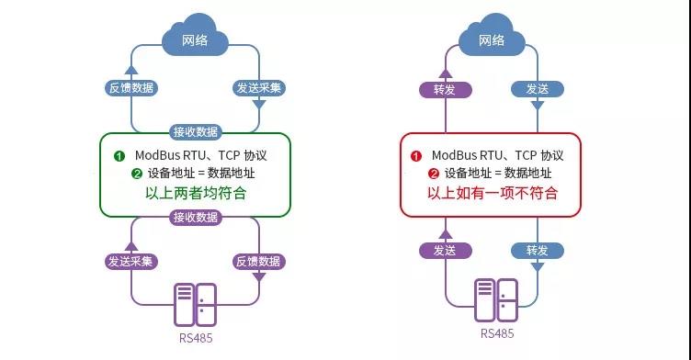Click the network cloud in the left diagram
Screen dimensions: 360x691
pyautogui.click(x=195, y=38)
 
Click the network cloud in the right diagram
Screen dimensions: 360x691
pyautogui.click(x=492, y=38)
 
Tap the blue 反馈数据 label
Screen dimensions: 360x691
pyautogui.click(x=130, y=88)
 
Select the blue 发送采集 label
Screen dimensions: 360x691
pyautogui.click(x=259, y=88)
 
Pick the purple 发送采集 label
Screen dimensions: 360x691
pyautogui.click(x=130, y=262)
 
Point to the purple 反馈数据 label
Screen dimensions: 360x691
pyautogui.click(x=259, y=262)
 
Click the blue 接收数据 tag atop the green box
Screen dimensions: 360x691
pyautogui.click(x=195, y=131)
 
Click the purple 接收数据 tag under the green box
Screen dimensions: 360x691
pyautogui.click(x=195, y=217)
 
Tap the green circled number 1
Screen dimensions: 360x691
pyautogui.click(x=119, y=155)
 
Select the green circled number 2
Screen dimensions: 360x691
pyautogui.click(x=137, y=174)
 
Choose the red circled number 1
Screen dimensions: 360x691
pyautogui.click(x=416, y=155)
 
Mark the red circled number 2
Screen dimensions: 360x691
pyautogui.click(x=434, y=174)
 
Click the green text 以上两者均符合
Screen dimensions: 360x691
pyautogui.click(x=196, y=194)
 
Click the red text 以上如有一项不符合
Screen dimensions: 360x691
pyautogui.click(x=492, y=194)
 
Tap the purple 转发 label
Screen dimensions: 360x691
pyautogui.click(x=445, y=89)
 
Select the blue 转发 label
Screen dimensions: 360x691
pyautogui.click(x=537, y=250)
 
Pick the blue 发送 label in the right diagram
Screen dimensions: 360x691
pyautogui.click(x=537, y=89)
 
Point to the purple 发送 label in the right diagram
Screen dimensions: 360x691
pyautogui.click(x=445, y=250)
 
